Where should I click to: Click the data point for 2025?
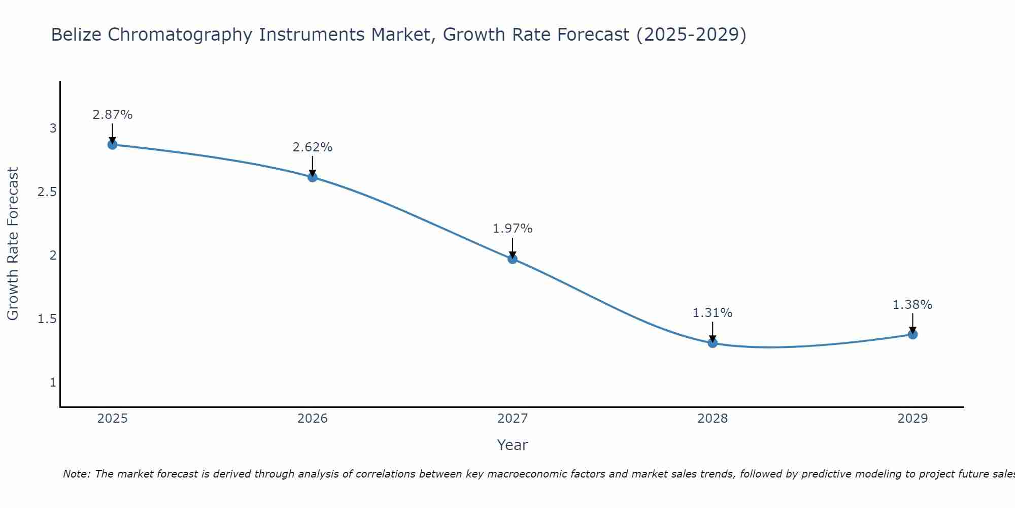(112, 145)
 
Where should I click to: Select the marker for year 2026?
(313, 177)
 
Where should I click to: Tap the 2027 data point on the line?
(513, 259)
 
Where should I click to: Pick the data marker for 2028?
(713, 343)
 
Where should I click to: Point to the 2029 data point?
(912, 334)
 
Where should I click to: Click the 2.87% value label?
(112, 115)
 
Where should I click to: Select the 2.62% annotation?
(313, 147)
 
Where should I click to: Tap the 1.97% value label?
(513, 229)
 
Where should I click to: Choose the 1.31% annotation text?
(713, 313)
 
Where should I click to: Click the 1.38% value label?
(912, 305)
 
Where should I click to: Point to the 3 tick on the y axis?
(53, 128)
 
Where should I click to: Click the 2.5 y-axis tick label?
(47, 192)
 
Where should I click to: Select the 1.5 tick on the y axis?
(47, 319)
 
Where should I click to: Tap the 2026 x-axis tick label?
(313, 419)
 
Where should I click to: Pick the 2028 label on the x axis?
(713, 419)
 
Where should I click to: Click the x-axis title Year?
(513, 445)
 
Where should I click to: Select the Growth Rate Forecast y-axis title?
(13, 244)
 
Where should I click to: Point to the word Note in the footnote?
(76, 474)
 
